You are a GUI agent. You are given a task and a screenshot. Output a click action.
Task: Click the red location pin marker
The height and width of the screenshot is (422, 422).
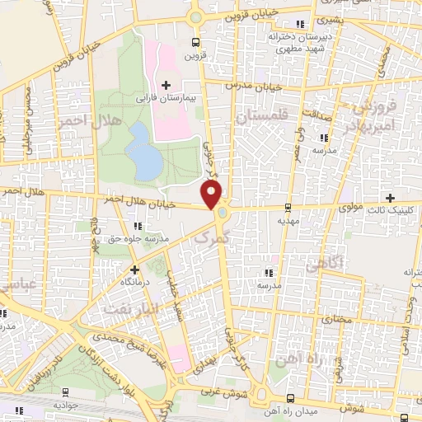click(x=213, y=194)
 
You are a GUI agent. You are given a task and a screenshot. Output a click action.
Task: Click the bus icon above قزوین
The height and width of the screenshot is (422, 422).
click(x=195, y=43)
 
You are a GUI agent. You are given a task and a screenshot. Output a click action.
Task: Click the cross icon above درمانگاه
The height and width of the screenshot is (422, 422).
click(x=135, y=269)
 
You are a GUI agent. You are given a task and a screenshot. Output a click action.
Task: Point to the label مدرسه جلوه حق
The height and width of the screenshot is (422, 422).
click(x=140, y=239)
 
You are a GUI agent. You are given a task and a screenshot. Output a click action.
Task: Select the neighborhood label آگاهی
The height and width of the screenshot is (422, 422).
click(x=322, y=265)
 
